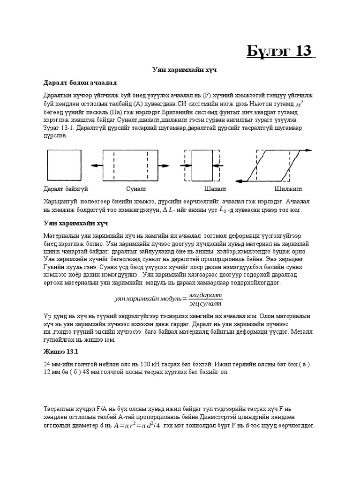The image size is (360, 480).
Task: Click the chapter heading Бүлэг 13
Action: tap(279, 51)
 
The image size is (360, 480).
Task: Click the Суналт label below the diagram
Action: tap(136, 189)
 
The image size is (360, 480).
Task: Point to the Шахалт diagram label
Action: tap(215, 189)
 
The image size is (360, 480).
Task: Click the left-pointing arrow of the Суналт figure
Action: tap(96, 165)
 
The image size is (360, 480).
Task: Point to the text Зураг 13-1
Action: tap(58, 127)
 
